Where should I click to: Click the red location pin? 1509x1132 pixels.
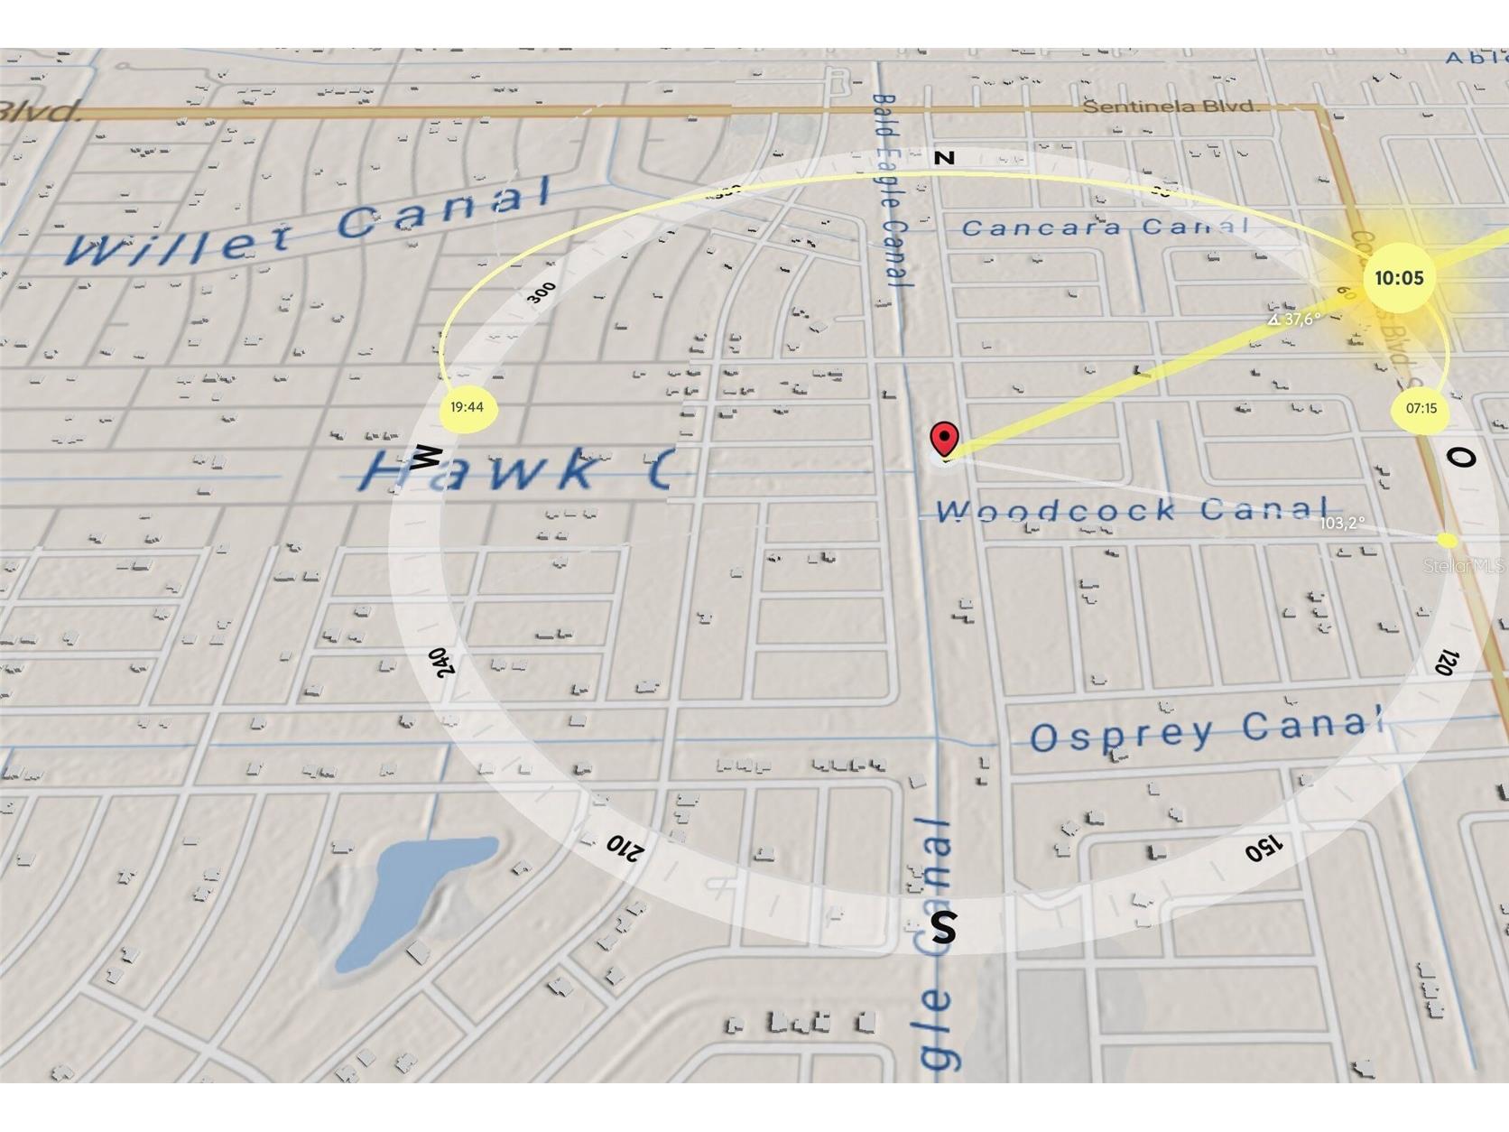point(944,440)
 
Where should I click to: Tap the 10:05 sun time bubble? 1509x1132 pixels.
point(1398,278)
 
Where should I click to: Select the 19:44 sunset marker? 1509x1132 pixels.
point(467,407)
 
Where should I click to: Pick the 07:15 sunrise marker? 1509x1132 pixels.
point(1421,409)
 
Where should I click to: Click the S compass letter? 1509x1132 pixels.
point(943,927)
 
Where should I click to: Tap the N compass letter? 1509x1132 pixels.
point(945,158)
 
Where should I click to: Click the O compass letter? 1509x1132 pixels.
point(1460,458)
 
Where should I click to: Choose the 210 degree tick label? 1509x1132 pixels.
point(624,847)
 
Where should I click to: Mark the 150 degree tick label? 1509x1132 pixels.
point(1263,848)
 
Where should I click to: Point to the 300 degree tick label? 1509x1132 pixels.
point(542,292)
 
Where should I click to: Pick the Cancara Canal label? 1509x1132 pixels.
point(1106,227)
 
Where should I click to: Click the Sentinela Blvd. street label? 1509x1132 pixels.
point(1171,107)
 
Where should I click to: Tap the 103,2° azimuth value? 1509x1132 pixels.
point(1342,523)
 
